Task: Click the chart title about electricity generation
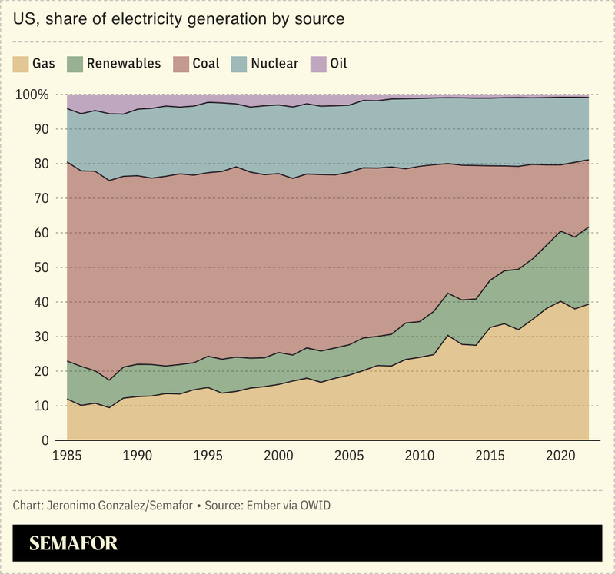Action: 179,18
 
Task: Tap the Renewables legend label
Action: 124,63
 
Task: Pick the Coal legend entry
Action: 206,63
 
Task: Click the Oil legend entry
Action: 338,63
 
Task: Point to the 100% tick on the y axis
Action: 32,95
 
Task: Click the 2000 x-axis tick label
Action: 278,456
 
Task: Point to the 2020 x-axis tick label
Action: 556,456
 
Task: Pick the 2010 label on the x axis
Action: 417,456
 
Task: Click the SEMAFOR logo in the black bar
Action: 74,543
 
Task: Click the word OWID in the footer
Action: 319,506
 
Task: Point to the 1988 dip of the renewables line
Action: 110,380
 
